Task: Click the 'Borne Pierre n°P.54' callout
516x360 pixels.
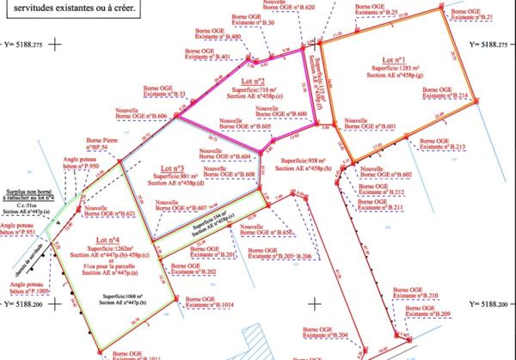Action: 98,146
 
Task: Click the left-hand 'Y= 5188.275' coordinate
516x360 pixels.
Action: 21,43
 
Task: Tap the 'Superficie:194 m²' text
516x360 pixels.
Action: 206,223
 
